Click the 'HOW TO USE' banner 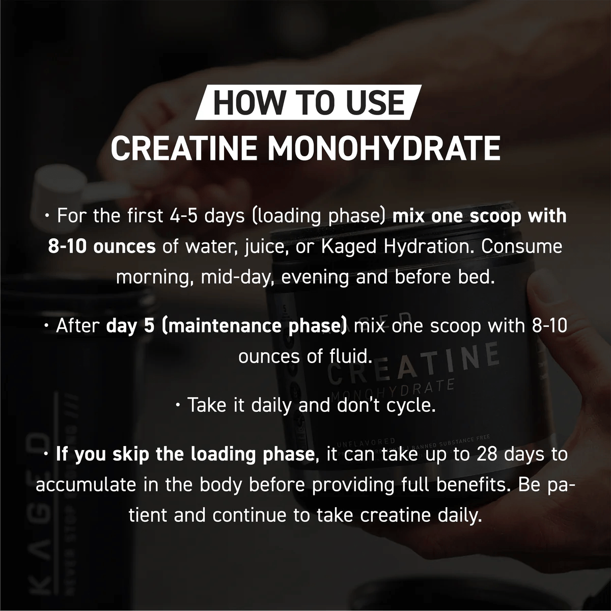point(308,102)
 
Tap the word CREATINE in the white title point(184,148)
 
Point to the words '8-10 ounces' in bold point(102,246)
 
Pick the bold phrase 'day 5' point(130,326)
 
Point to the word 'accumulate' point(86,485)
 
